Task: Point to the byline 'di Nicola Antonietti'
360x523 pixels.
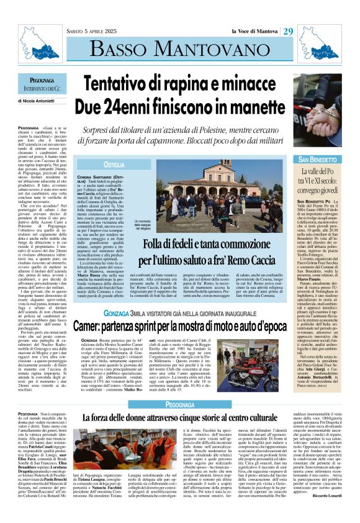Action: (37, 100)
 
